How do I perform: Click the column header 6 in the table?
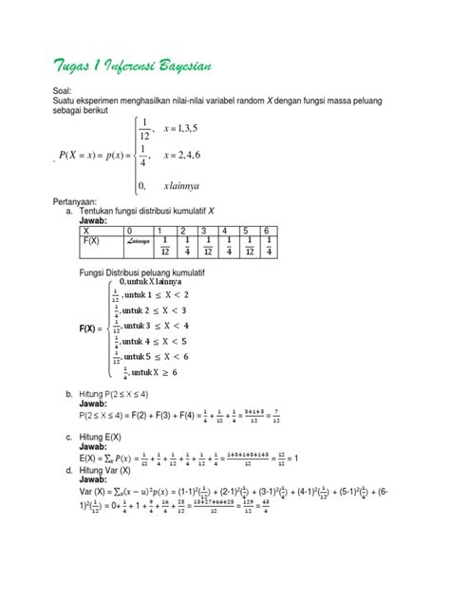tap(268, 231)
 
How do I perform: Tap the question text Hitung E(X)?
tap(100, 437)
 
